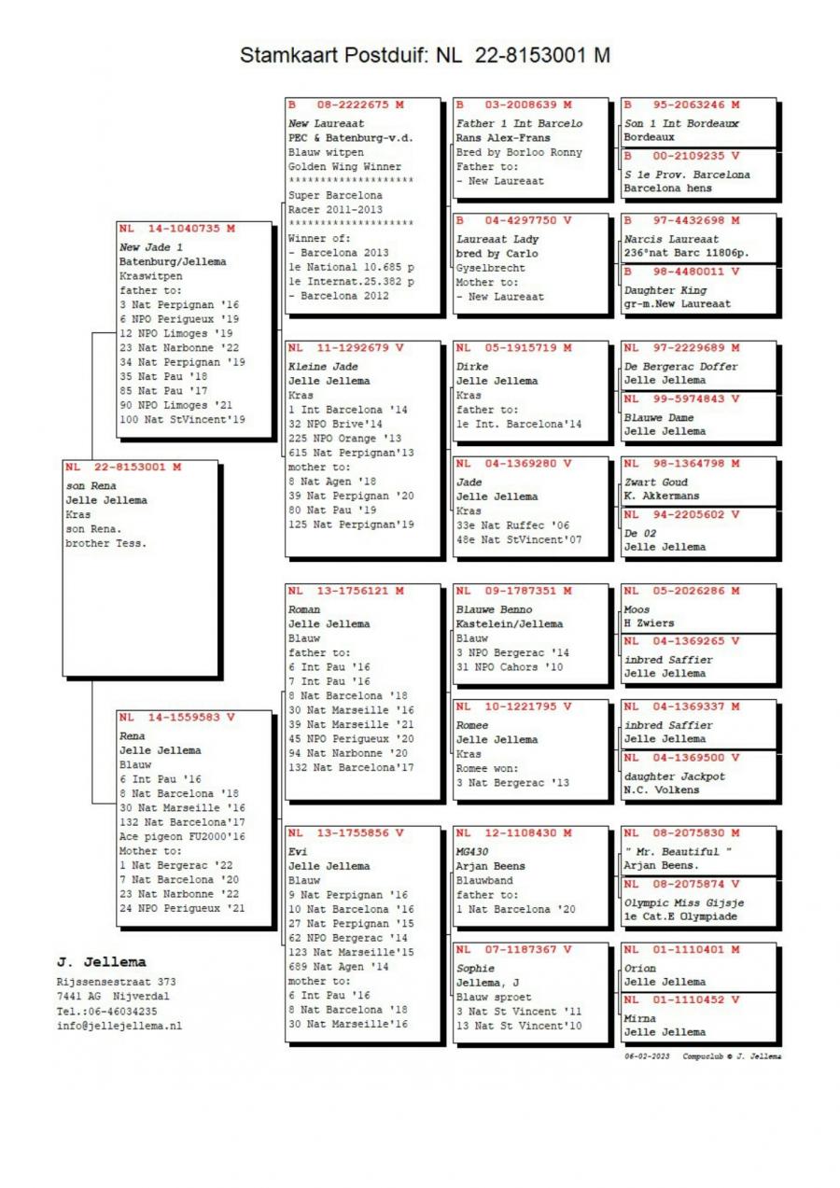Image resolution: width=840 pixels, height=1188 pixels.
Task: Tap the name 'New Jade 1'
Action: click(151, 247)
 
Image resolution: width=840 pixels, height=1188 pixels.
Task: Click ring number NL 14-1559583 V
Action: click(176, 717)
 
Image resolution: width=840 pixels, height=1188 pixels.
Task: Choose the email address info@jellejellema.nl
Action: click(119, 1025)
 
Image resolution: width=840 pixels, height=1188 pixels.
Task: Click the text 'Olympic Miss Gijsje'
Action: click(683, 902)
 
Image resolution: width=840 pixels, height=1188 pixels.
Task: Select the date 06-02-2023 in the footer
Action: click(647, 1055)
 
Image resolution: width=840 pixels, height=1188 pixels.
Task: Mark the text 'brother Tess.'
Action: click(105, 543)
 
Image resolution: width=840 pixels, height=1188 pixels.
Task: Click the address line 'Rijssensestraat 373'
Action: click(116, 982)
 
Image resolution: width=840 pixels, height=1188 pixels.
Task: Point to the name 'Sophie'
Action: click(475, 968)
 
